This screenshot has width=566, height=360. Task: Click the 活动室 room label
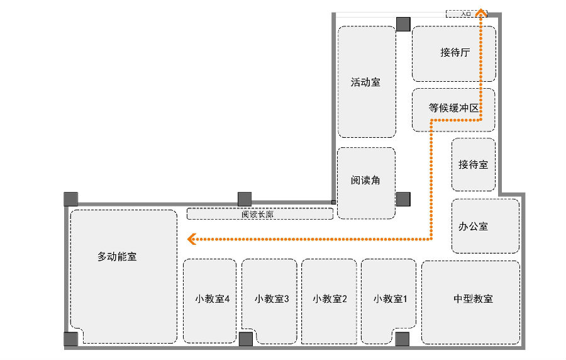tap(365, 82)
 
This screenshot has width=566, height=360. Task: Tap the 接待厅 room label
tap(455, 53)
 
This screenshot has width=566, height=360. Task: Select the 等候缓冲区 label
tap(454, 108)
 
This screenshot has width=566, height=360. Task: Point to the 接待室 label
tap(473, 165)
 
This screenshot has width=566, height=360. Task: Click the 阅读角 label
tap(365, 181)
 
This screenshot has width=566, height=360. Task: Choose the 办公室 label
tap(473, 226)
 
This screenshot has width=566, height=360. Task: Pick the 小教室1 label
tap(390, 299)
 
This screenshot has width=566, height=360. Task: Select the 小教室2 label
tap(330, 299)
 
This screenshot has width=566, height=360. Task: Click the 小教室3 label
tap(272, 299)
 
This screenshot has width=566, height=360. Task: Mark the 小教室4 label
tap(212, 299)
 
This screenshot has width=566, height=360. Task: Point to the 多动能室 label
tap(117, 257)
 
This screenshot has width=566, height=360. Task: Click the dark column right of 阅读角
tap(403, 200)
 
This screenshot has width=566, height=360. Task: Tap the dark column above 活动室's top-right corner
tap(403, 25)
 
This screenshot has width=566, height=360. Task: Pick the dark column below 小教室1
tap(402, 339)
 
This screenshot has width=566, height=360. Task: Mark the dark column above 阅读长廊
tap(245, 200)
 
